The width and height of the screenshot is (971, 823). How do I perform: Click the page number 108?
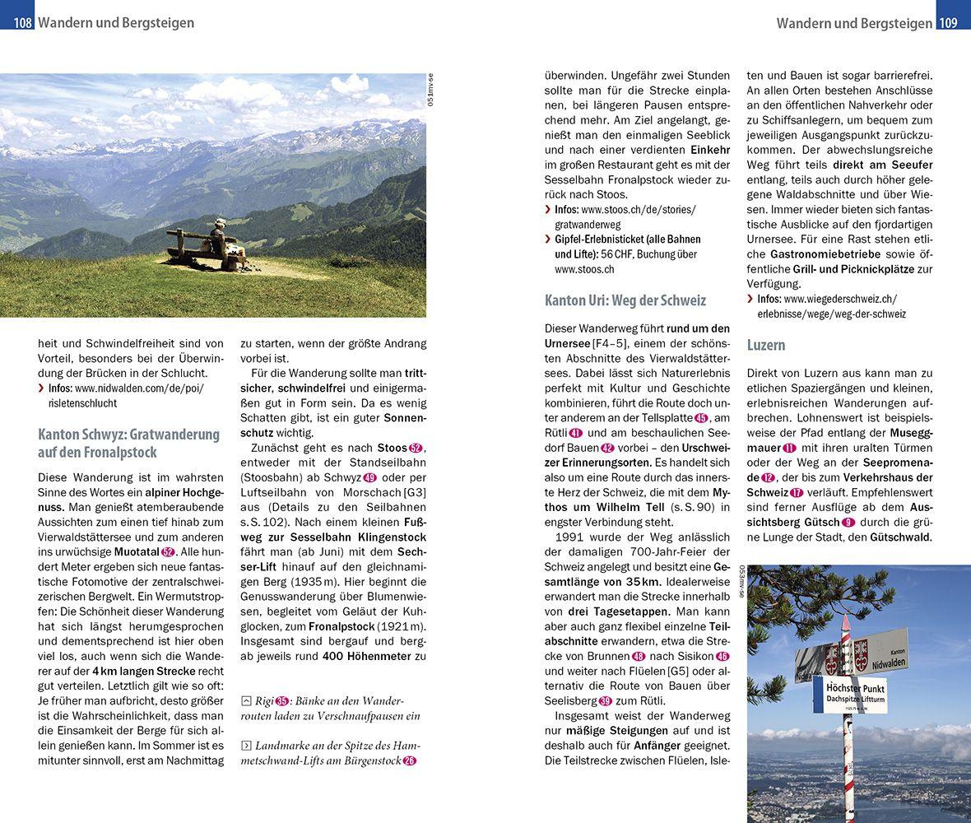pos(22,23)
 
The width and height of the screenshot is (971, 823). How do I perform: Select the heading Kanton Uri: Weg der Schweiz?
pos(625,300)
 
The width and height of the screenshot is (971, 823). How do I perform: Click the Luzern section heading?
pos(766,345)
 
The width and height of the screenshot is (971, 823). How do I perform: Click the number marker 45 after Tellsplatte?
pos(701,417)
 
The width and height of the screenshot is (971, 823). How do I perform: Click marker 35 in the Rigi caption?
pos(282,701)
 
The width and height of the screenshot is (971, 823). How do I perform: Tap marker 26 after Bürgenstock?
pos(410,760)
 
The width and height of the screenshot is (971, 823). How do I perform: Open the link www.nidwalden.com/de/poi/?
pos(138,388)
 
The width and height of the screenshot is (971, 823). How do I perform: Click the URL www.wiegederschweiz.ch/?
pos(839,299)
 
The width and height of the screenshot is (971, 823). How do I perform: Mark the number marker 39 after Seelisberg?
pos(606,700)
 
